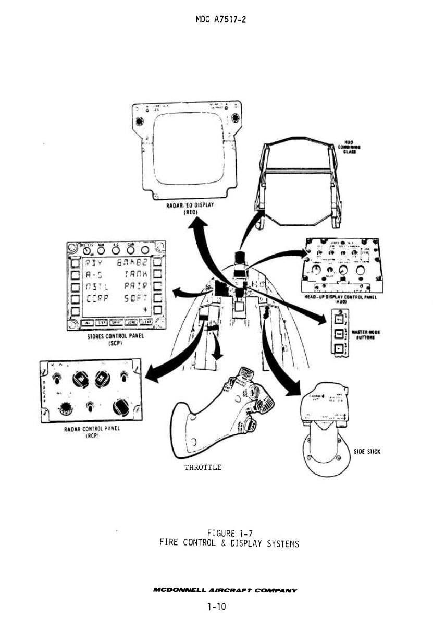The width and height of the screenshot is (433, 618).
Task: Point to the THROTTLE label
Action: click(x=203, y=467)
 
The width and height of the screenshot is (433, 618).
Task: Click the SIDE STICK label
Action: click(x=367, y=451)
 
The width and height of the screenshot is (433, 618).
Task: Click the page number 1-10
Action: click(x=216, y=606)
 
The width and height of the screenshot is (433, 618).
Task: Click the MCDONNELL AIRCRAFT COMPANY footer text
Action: click(x=225, y=591)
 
